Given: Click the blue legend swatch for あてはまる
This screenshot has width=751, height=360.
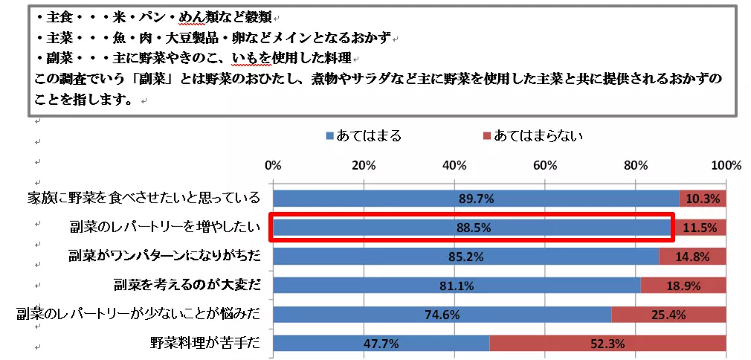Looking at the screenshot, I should coord(329,136).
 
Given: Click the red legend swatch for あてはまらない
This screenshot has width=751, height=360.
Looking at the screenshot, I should coord(487,136).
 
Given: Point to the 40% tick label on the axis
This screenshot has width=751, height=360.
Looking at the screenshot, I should coord(454,164).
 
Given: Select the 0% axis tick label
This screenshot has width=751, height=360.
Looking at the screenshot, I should coord(274,164).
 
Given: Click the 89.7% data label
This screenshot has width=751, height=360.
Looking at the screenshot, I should coord(476,199).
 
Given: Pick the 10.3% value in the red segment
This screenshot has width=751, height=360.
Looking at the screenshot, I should coord(703,199).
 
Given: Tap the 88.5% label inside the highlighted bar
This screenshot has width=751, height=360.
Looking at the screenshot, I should coord(473,228).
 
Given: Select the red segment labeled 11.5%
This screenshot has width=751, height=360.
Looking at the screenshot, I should coord(700,228).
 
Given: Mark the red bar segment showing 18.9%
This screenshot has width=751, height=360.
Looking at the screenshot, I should coord(683,286).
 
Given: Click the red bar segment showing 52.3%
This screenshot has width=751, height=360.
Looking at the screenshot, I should coord(607,344).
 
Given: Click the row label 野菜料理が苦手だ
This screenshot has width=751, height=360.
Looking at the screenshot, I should coord(204,344).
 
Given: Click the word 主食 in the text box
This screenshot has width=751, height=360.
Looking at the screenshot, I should coord(56,16).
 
